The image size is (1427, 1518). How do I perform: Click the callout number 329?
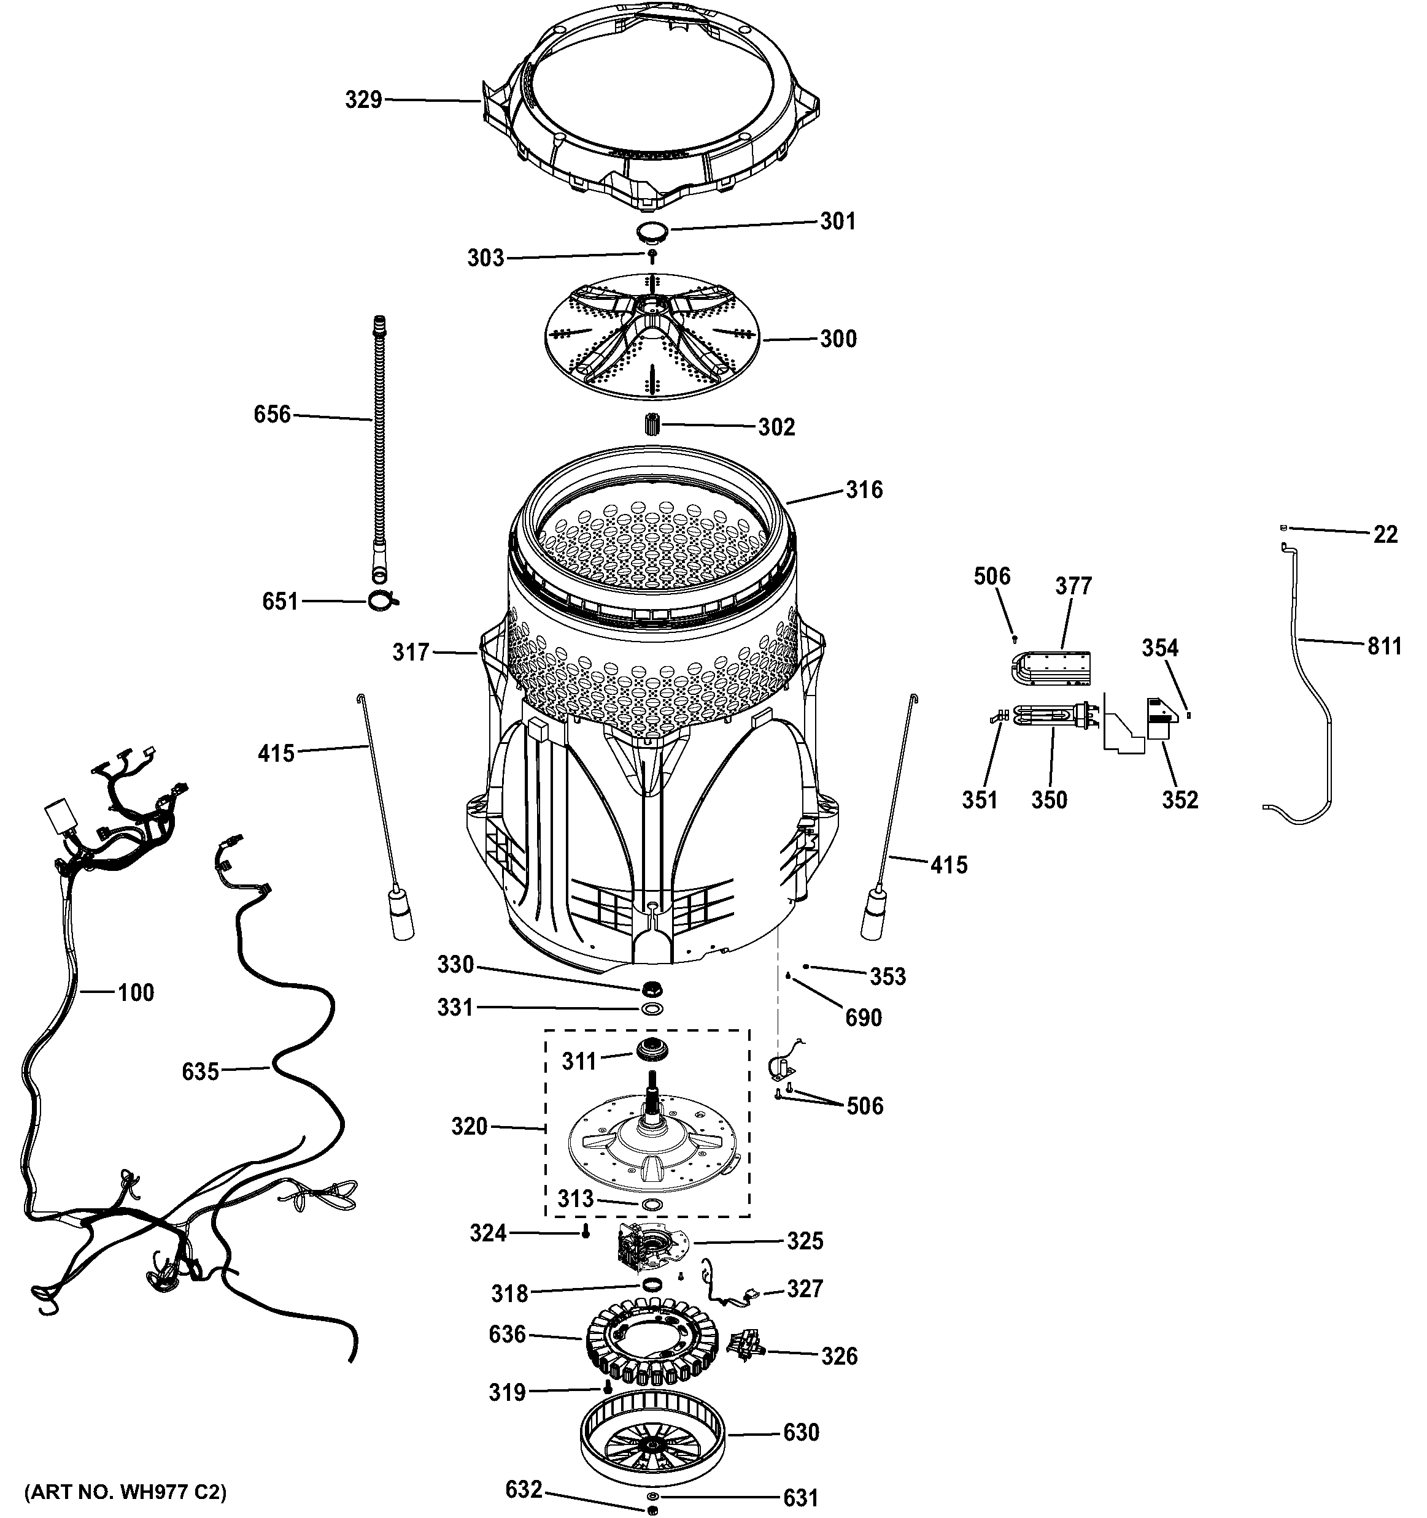(x=363, y=100)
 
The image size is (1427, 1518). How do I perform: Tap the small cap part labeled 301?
(x=652, y=230)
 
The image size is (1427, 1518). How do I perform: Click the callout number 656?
(x=272, y=415)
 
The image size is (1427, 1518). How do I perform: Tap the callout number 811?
(x=1384, y=646)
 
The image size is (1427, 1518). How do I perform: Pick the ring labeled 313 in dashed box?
(x=652, y=1204)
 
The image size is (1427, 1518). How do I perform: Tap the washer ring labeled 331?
(x=652, y=1010)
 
